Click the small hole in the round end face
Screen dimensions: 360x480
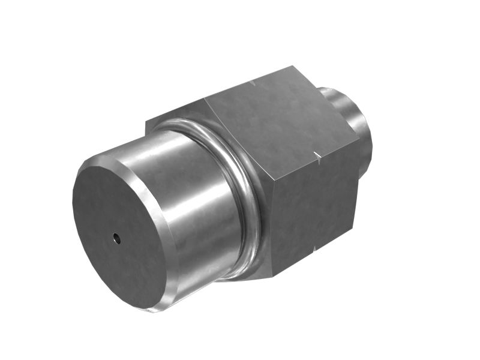tap(118, 239)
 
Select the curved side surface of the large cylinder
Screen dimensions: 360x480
tap(192, 198)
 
